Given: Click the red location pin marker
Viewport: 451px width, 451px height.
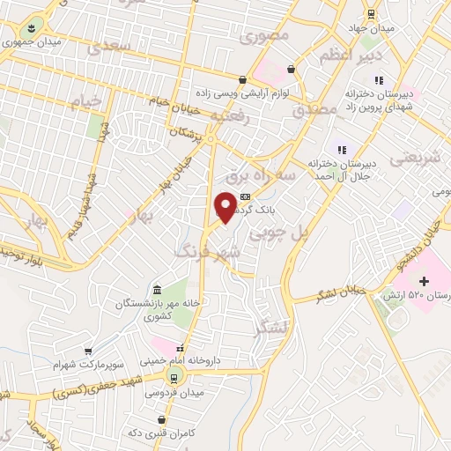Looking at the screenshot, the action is point(225,206).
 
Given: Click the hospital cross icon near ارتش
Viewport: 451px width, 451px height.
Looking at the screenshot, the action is point(425,282).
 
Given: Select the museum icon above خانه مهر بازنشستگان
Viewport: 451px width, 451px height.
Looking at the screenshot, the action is point(156,291).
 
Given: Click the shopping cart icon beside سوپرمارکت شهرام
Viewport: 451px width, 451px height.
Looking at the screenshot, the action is point(87,351).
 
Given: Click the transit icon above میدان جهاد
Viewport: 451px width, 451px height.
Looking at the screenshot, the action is point(372,15).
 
